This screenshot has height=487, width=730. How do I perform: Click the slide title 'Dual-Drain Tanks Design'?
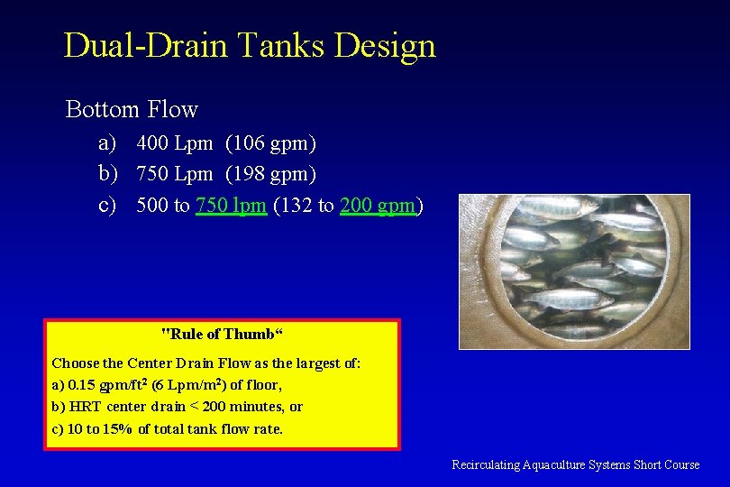250,45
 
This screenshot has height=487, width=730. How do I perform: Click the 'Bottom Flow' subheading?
132,110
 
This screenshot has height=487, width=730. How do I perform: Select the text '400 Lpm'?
174,142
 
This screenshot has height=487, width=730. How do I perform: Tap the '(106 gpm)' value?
270,142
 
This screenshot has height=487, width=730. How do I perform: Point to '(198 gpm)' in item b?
270,173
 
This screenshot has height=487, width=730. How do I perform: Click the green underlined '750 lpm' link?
231,205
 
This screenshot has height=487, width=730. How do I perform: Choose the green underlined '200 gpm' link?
378,205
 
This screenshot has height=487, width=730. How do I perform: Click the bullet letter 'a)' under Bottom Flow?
107,142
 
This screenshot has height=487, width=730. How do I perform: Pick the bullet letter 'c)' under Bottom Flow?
107,205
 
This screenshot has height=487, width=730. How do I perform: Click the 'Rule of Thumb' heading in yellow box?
222,334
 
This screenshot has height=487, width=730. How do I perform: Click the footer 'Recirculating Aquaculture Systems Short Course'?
575,464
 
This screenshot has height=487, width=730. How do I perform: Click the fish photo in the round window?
574,271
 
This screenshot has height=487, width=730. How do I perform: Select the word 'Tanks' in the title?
285,45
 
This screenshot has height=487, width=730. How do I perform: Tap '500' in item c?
151,205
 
